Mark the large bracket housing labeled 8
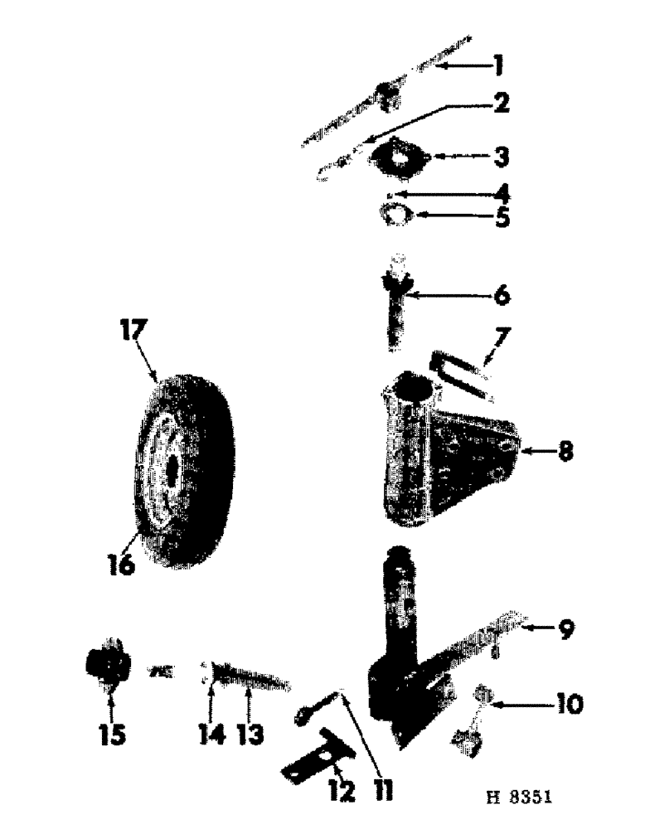pyautogui.click(x=443, y=452)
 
